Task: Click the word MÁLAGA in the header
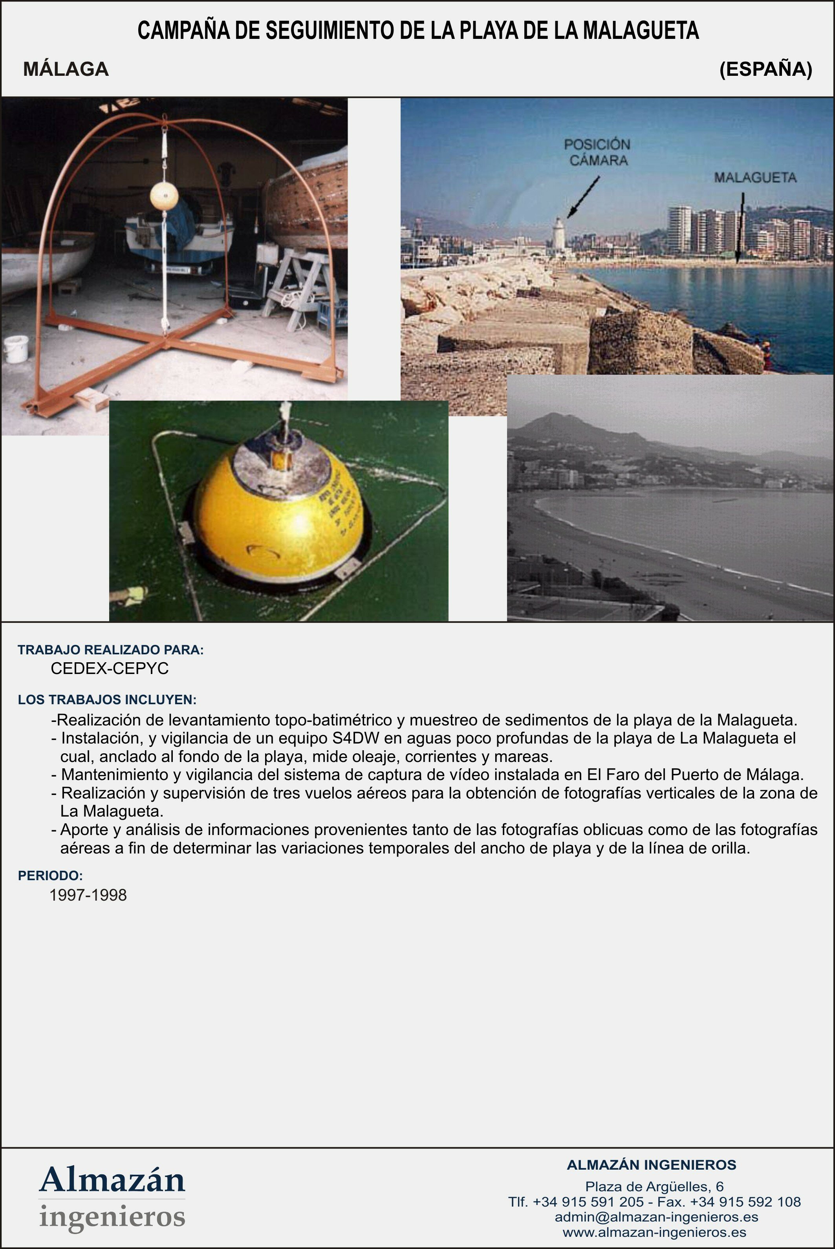66,69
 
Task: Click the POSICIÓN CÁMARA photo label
597,152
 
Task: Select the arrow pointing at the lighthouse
583,197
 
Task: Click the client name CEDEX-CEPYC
110,669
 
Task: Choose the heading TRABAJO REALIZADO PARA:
111,650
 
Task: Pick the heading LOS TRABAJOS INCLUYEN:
107,700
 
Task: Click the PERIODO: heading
50,875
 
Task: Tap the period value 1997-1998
88,895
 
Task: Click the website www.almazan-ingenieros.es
654,1232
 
